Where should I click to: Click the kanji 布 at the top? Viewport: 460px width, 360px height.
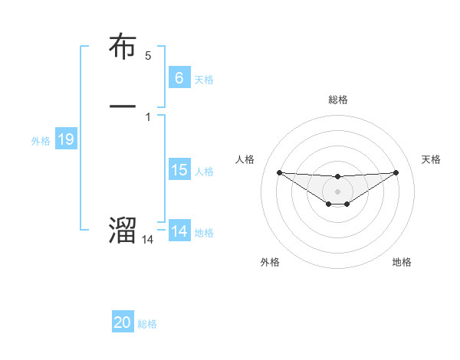tap(123, 47)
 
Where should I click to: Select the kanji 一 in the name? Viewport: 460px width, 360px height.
tap(123, 105)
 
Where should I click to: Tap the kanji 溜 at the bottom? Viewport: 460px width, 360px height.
tap(123, 229)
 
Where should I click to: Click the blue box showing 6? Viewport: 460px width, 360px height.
tap(179, 77)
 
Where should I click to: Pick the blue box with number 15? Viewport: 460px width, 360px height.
tap(179, 170)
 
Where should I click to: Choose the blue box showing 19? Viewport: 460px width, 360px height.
tap(65, 139)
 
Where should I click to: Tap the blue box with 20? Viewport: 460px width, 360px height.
tap(123, 322)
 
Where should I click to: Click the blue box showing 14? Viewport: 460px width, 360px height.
tap(179, 231)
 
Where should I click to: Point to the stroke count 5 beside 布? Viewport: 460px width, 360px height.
tap(148, 55)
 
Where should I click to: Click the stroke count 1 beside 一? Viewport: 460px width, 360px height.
tap(148, 117)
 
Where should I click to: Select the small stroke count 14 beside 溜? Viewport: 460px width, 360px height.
tap(148, 240)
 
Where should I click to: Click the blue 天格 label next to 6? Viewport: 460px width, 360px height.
tap(204, 79)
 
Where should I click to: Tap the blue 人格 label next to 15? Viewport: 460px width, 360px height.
tap(204, 172)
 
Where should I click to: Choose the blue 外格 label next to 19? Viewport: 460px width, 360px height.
tap(41, 141)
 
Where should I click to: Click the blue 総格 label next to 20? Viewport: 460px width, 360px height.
tap(147, 324)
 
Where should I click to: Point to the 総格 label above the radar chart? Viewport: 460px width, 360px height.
tap(337, 100)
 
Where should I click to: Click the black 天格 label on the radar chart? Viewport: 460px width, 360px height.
tap(431, 159)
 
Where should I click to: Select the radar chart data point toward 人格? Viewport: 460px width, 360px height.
tap(280, 172)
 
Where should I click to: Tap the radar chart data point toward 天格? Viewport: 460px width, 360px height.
tap(396, 172)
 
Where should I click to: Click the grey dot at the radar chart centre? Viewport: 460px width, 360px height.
tap(337, 191)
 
